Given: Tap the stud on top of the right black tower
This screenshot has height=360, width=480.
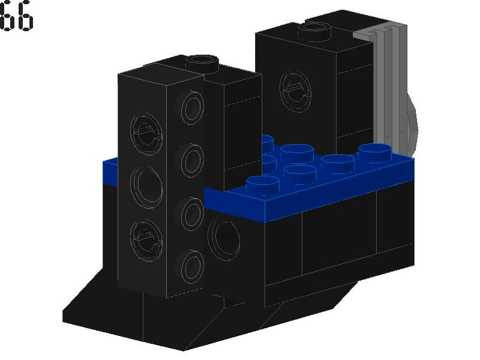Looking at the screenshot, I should pyautogui.click(x=316, y=29).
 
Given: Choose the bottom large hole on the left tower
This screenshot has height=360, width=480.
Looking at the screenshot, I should pyautogui.click(x=146, y=236).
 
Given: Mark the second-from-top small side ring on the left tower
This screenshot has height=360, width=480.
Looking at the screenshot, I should pyautogui.click(x=192, y=159).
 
